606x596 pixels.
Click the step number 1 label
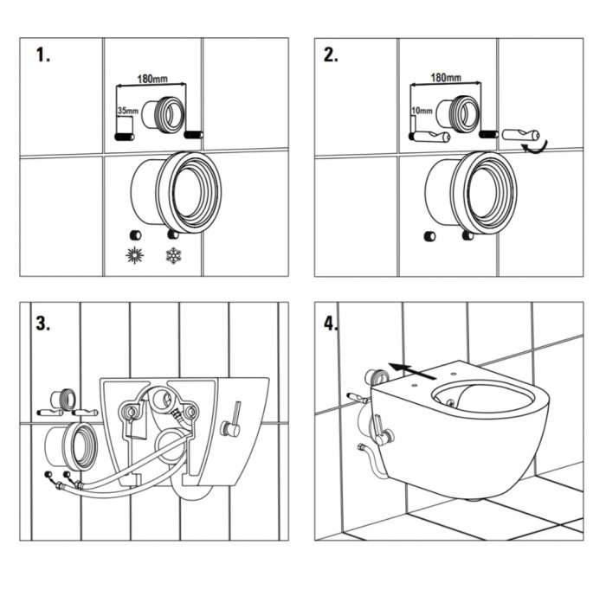(x=43, y=55)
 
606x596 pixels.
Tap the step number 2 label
(x=331, y=55)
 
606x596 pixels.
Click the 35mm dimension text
(x=126, y=111)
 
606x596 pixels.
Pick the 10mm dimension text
(x=421, y=111)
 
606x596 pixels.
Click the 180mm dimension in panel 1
(x=152, y=79)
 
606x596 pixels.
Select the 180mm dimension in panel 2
(x=445, y=79)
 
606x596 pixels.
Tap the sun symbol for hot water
(x=133, y=256)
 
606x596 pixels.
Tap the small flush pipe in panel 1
(x=163, y=114)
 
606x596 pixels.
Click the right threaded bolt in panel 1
(x=194, y=134)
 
